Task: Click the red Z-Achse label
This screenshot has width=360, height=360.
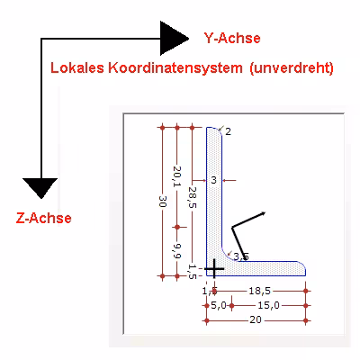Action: (x=44, y=218)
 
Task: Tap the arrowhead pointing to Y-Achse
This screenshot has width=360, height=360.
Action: (x=173, y=37)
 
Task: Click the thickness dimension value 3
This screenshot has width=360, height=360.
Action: (x=213, y=181)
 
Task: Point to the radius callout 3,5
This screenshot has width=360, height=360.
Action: (x=240, y=257)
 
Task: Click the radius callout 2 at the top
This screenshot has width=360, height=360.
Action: (x=229, y=131)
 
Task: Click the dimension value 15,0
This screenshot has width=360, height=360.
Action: (x=268, y=306)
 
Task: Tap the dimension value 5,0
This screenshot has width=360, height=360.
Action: (x=217, y=306)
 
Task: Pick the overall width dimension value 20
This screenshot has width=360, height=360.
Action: (x=256, y=320)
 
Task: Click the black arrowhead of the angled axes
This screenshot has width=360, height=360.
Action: (x=264, y=213)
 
